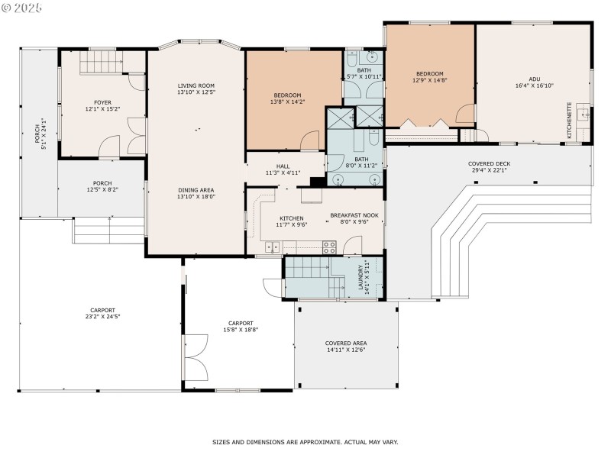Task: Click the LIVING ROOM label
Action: point(196,85)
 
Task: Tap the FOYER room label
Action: point(102,102)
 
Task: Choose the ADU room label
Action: point(532,79)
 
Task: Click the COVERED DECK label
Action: point(489,163)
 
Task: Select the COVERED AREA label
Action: point(346,343)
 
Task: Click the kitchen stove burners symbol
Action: point(329,247)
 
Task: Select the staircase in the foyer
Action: point(102,60)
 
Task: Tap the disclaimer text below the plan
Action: point(305,442)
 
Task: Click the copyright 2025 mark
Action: point(23,7)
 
